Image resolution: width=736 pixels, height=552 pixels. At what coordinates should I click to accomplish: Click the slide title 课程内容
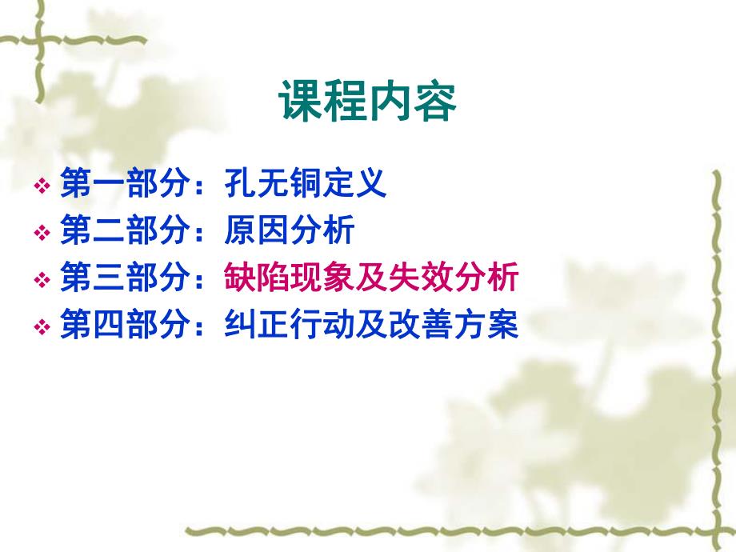(368, 102)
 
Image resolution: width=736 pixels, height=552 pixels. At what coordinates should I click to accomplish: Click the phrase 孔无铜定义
(306, 185)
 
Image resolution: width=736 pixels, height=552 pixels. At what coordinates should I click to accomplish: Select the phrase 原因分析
(290, 232)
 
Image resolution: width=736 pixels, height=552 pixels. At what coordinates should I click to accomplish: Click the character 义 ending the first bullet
(372, 185)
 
